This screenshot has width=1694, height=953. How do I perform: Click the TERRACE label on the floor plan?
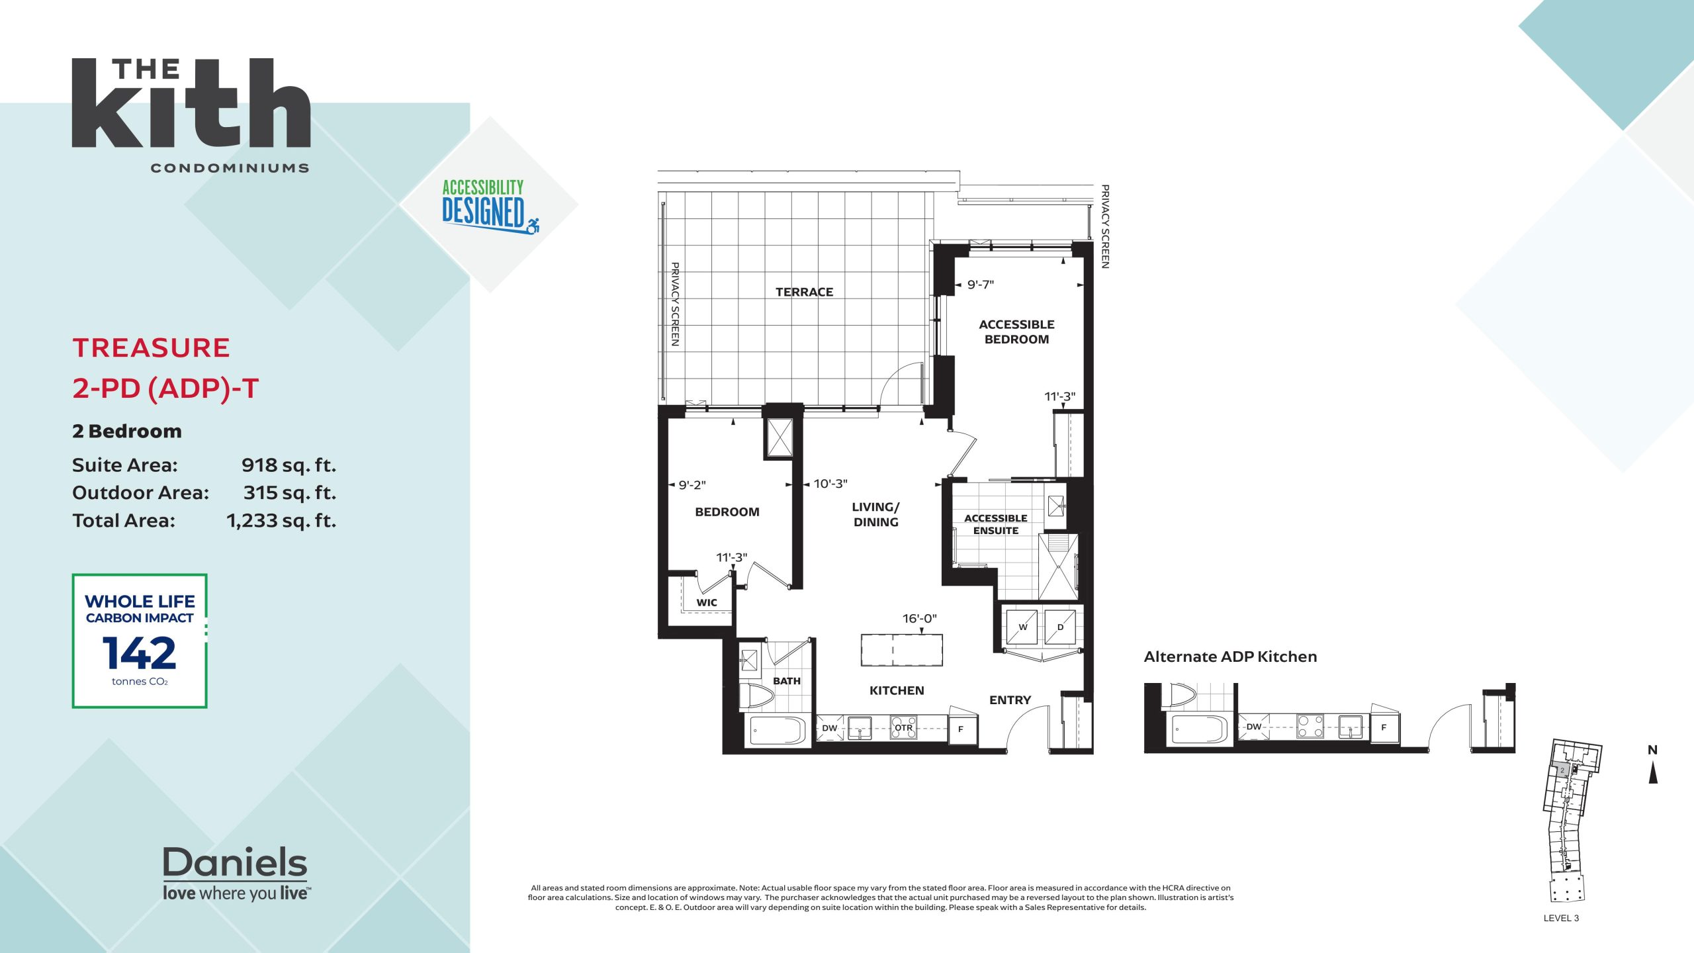[x=804, y=292]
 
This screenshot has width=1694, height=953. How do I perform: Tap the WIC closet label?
[x=706, y=602]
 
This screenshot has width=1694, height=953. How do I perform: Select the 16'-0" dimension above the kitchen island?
[x=920, y=618]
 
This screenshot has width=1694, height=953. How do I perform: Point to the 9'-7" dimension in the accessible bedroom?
[x=981, y=285]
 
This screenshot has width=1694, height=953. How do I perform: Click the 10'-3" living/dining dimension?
[x=830, y=484]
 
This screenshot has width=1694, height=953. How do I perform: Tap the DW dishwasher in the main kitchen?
[x=830, y=728]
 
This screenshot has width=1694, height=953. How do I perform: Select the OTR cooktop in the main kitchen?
[x=903, y=728]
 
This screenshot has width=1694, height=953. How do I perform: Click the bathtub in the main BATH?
[x=778, y=730]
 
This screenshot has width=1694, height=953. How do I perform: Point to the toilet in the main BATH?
[x=757, y=696]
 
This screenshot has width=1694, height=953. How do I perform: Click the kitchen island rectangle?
[x=901, y=650]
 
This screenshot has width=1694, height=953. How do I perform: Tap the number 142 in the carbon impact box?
[x=139, y=653]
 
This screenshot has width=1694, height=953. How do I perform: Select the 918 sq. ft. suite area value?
[x=289, y=465]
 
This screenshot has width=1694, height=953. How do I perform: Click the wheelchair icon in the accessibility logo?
[x=533, y=226]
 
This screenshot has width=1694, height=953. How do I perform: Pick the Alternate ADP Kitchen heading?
[x=1230, y=657]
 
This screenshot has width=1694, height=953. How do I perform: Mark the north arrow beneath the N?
[x=1653, y=773]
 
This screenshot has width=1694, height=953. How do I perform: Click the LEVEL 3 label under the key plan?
[x=1561, y=918]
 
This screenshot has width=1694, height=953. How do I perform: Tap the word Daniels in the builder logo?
[x=235, y=862]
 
